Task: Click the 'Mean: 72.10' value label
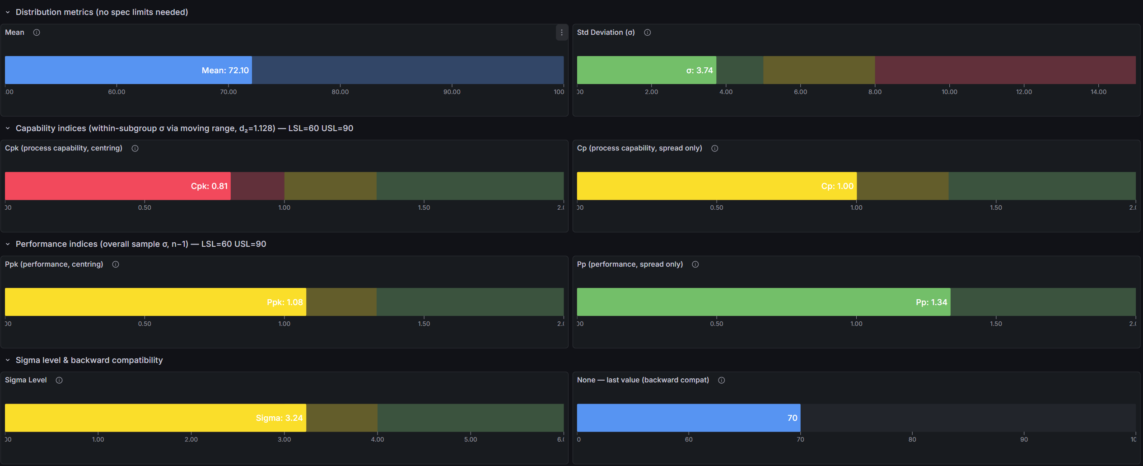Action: coord(225,71)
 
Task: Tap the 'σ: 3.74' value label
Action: coord(699,71)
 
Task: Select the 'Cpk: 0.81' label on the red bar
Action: coord(209,186)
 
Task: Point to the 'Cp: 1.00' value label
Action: coord(837,186)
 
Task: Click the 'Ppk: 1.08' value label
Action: coord(285,302)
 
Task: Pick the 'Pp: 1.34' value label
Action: coord(931,302)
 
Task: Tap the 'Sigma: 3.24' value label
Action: coord(279,418)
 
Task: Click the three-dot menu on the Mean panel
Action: coord(561,33)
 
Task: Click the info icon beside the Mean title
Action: coord(37,33)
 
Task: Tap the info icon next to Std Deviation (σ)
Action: coord(647,33)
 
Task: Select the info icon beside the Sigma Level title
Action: coord(59,380)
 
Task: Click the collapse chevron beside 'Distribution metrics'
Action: coord(8,12)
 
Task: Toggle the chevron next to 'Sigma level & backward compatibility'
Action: coord(8,360)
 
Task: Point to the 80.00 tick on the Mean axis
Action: coord(340,92)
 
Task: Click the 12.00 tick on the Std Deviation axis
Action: coord(1024,92)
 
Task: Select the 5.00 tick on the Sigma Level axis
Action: coord(471,439)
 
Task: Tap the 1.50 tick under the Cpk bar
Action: coord(424,207)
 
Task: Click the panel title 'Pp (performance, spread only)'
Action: coord(630,264)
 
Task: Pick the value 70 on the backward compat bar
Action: coord(792,418)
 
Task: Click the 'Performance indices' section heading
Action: coord(141,244)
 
